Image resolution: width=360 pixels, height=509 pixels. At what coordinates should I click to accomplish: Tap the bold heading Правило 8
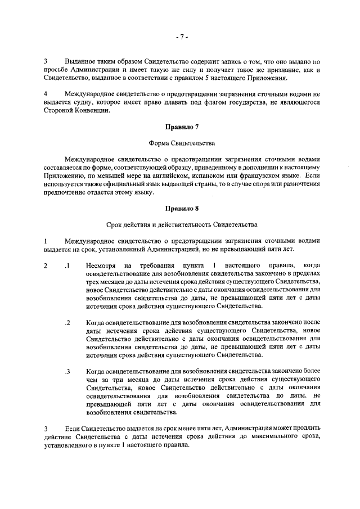pyautogui.click(x=180, y=209)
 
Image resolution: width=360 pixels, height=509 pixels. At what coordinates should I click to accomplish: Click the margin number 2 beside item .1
pyautogui.click(x=46, y=265)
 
